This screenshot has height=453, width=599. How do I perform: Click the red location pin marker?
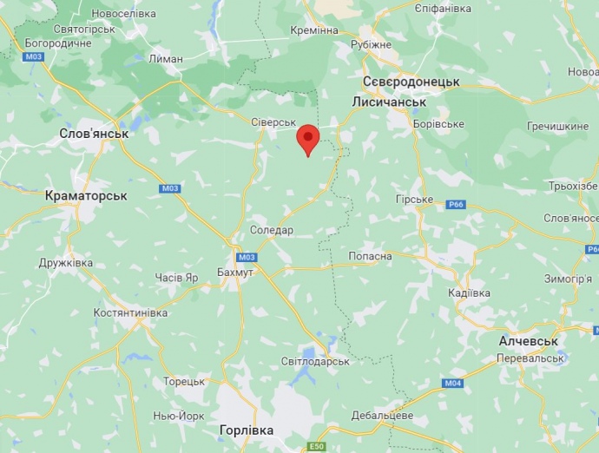[308, 139]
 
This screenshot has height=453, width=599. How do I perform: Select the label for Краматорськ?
[86, 195]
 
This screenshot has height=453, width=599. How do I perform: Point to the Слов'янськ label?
[94, 134]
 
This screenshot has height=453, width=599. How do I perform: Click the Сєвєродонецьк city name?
[411, 81]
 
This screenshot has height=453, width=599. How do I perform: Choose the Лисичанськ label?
[390, 102]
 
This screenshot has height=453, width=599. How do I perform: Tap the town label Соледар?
[272, 230]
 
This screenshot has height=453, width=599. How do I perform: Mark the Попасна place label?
[370, 256]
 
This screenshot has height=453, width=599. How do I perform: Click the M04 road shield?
[452, 384]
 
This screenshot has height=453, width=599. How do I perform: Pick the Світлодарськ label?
[315, 360]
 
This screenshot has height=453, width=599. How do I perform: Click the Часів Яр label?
[176, 278]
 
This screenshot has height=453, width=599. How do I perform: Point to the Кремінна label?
[313, 30]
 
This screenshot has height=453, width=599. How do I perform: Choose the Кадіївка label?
[470, 293]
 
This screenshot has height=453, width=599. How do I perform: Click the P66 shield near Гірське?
[457, 205]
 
